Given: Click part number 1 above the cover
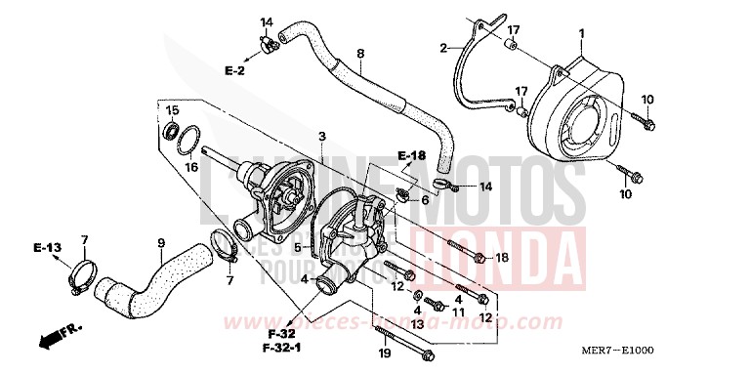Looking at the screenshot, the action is (581, 34).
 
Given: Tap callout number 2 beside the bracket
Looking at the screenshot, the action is (443, 48).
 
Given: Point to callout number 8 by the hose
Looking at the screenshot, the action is (360, 54).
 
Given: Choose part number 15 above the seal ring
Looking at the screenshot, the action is (172, 109).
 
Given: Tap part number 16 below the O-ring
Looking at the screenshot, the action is (192, 167).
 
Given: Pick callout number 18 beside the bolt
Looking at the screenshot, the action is (502, 258).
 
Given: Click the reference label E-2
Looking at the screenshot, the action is (235, 70).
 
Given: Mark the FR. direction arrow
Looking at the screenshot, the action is (58, 338).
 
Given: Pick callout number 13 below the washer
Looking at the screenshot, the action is (418, 323).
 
